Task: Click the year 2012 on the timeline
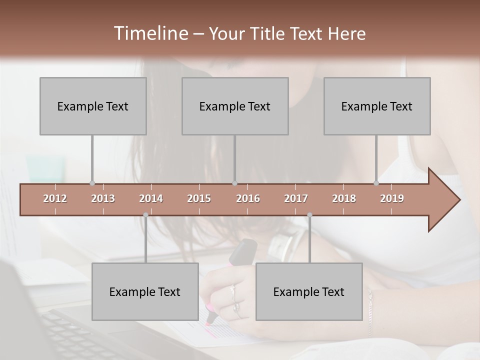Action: [55, 198]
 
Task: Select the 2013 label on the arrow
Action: [103, 198]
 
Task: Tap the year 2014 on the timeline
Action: [151, 198]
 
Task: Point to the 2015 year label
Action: [199, 198]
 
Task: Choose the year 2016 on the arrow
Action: [248, 198]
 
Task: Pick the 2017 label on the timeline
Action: [296, 198]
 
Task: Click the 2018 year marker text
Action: [344, 198]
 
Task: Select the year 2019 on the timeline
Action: [392, 198]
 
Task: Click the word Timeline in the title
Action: [150, 33]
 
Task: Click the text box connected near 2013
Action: [93, 106]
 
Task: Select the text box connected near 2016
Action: [235, 106]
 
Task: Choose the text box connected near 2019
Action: [377, 106]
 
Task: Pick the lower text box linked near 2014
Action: [145, 291]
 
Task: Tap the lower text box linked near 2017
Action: [309, 291]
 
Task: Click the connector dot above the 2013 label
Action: [92, 183]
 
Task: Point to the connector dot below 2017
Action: [309, 215]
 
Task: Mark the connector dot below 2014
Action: [145, 215]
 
